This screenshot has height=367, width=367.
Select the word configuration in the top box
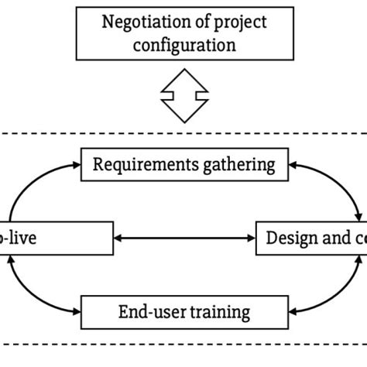tap(183, 44)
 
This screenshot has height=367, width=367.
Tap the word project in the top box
tap(238, 21)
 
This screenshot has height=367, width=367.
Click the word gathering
tap(246, 164)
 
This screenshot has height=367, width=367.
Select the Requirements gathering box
tap(183, 164)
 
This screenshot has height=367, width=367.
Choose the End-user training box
tap(183, 312)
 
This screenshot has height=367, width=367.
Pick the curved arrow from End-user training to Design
tap(341, 290)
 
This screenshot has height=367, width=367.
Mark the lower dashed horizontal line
tap(183, 342)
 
